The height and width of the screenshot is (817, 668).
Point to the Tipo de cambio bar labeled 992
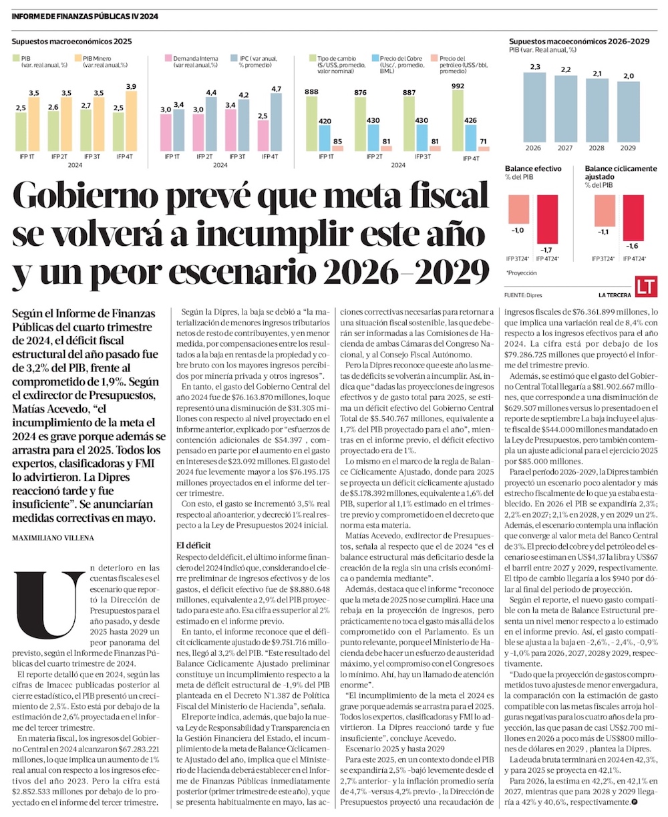[x=458, y=120]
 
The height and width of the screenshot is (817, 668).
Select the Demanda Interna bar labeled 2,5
[x=261, y=136]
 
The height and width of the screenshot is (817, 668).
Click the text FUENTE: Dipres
[x=524, y=294]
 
